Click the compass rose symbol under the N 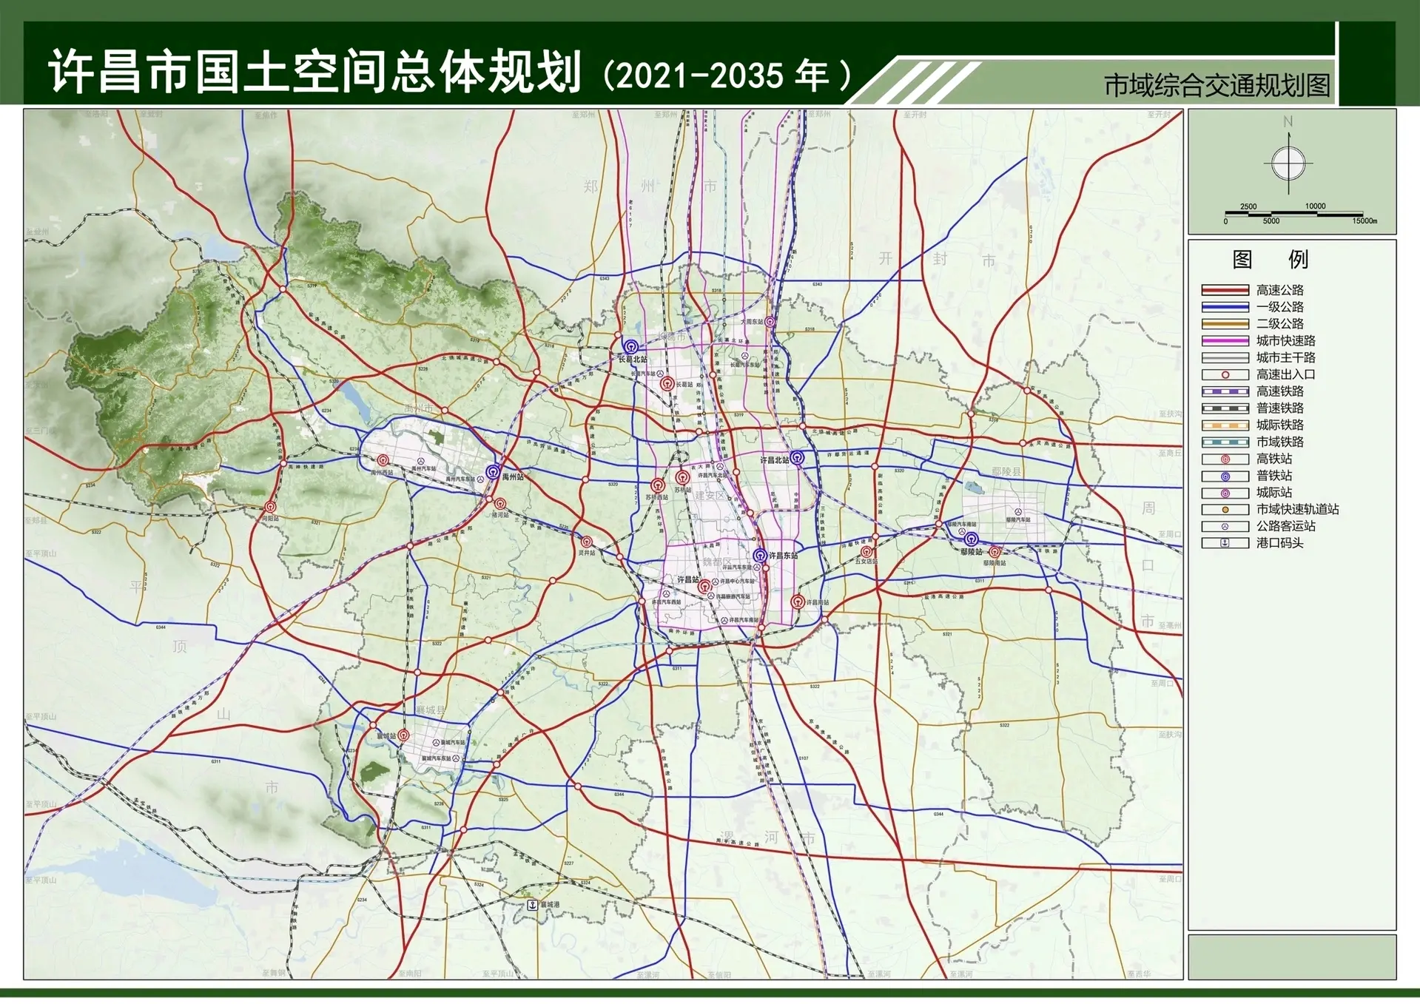pyautogui.click(x=1288, y=163)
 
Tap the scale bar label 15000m pyautogui.click(x=1365, y=221)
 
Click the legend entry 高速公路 pyautogui.click(x=1279, y=290)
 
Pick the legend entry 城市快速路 pyautogui.click(x=1285, y=340)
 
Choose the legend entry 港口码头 pyautogui.click(x=1279, y=543)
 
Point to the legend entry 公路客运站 pyautogui.click(x=1285, y=526)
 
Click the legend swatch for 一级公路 pyautogui.click(x=1225, y=307)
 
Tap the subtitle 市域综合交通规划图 pyautogui.click(x=1217, y=86)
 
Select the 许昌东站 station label pyautogui.click(x=783, y=555)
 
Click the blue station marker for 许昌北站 pyautogui.click(x=797, y=457)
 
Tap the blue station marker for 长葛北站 pyautogui.click(x=630, y=346)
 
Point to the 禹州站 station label pyautogui.click(x=513, y=477)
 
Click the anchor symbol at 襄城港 pyautogui.click(x=532, y=905)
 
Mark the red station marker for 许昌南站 pyautogui.click(x=797, y=602)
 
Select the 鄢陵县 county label pyautogui.click(x=1006, y=472)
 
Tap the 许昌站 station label pyautogui.click(x=688, y=579)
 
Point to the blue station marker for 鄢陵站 pyautogui.click(x=971, y=539)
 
